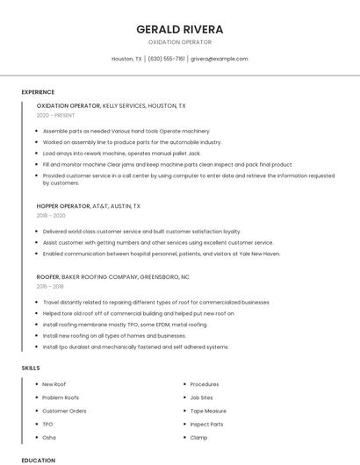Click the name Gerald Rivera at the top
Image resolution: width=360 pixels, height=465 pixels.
point(180,29)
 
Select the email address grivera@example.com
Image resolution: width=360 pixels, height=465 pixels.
point(219,59)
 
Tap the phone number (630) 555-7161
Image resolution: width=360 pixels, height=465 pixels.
point(166,59)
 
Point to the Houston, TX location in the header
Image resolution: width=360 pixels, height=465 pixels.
point(126,59)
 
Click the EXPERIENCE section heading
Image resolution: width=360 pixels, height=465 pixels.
point(38,92)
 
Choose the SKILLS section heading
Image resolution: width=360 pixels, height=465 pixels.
point(31,368)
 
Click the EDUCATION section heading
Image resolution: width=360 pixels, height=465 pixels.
point(38,460)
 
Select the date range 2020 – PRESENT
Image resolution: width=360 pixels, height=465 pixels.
point(56,115)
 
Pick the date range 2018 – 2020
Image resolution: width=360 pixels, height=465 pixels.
point(51,215)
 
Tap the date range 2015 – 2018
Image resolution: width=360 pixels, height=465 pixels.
point(50,286)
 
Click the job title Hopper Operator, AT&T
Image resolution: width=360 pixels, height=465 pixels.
point(88,205)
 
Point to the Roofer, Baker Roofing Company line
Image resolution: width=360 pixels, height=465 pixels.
point(112,276)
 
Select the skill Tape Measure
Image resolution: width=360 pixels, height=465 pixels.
point(208,411)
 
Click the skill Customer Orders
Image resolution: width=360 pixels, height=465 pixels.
point(64,411)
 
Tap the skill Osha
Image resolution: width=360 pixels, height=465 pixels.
point(49,437)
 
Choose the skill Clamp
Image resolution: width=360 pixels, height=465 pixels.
point(198,437)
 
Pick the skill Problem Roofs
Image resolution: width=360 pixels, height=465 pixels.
point(61,397)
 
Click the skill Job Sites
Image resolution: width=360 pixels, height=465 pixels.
point(202,397)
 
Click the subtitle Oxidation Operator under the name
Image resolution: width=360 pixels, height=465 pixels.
point(180,42)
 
